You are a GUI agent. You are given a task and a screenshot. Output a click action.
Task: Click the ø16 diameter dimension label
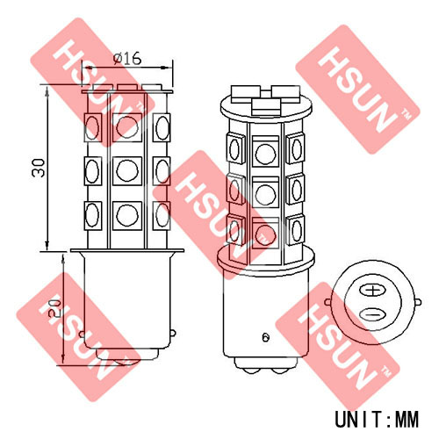click(x=127, y=58)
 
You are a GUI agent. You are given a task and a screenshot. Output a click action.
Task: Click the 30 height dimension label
click(x=39, y=168)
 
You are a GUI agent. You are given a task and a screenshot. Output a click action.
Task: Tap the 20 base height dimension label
click(x=54, y=308)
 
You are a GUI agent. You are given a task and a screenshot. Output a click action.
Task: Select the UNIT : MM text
click(x=377, y=419)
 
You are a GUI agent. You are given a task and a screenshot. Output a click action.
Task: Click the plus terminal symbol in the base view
click(x=372, y=291)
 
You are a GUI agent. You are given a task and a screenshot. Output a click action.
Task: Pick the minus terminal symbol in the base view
click(x=372, y=315)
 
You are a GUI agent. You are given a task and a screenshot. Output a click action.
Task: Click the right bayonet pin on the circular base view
click(x=418, y=302)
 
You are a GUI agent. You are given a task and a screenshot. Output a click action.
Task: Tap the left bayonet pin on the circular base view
click(x=327, y=302)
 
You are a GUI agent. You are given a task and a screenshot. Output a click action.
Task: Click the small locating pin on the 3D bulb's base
click(x=265, y=337)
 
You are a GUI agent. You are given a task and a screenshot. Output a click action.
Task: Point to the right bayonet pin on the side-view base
click(x=173, y=333)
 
